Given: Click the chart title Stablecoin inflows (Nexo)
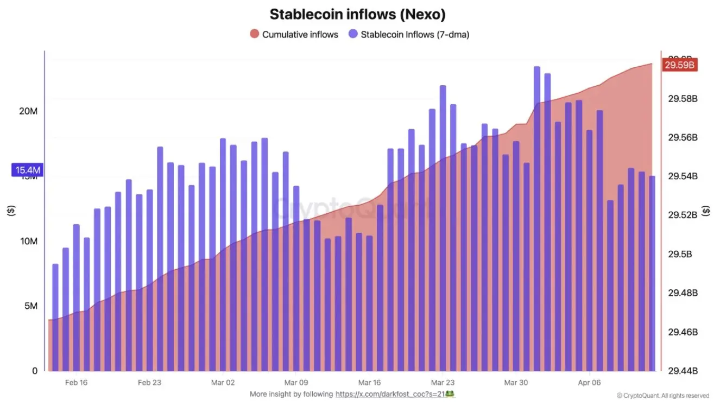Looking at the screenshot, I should [x=357, y=14].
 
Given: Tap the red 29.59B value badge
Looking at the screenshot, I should [x=679, y=65].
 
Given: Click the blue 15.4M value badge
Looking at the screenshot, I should [x=28, y=170].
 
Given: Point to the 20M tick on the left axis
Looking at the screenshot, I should [x=28, y=111].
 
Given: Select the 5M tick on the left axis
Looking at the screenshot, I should [x=30, y=306].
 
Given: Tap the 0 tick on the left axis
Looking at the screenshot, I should [x=35, y=371].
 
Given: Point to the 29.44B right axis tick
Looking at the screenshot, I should [x=682, y=371].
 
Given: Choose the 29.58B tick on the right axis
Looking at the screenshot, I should [x=682, y=99].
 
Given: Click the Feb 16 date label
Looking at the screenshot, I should [x=76, y=383].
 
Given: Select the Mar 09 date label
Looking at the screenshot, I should [x=296, y=383].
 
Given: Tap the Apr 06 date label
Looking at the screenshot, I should [x=589, y=383].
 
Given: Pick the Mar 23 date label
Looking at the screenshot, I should [x=443, y=383].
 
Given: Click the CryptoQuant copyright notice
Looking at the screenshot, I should [x=663, y=396].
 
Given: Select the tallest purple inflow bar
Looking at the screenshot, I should [x=536, y=217].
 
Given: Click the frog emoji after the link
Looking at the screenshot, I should [x=450, y=394].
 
